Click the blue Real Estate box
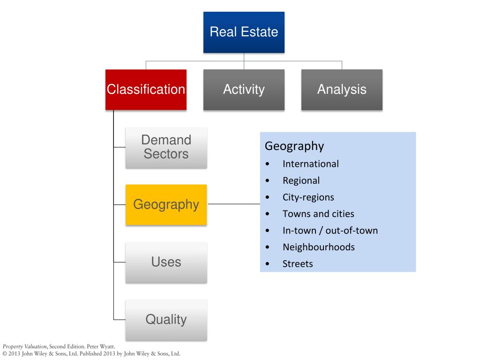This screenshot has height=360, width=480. point(244,32)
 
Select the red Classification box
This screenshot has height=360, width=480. point(146,90)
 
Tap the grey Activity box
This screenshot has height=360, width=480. point(244,90)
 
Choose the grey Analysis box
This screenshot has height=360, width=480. point(342,90)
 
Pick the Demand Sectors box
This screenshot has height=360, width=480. point(166,147)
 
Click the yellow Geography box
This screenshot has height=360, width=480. point(166,204)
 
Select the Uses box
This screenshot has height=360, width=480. point(166,262)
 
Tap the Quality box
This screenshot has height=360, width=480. point(166,320)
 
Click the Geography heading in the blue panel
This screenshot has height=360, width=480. point(294,146)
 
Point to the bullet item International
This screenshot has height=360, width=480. point(310,164)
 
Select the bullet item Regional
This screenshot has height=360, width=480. point(301,180)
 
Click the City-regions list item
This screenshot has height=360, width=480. point(308,197)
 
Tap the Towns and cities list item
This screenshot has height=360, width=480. point(318,214)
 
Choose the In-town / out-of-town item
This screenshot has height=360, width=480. point(330,230)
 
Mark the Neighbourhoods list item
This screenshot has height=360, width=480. point(318,247)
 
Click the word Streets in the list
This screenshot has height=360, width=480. point(297,263)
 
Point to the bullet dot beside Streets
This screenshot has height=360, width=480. point(267,264)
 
